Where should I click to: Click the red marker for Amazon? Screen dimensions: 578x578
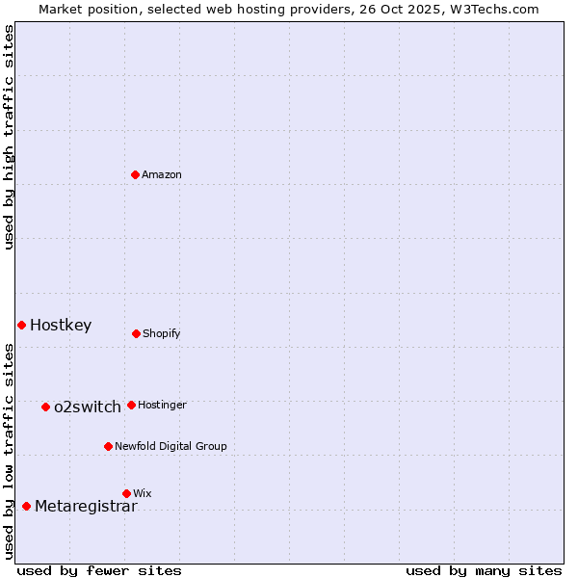tap(136, 174)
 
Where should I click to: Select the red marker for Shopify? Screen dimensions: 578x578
tap(136, 333)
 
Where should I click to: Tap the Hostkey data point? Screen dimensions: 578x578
tap(21, 325)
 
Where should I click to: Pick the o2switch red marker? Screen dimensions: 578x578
tap(45, 407)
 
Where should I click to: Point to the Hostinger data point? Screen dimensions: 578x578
tap(131, 405)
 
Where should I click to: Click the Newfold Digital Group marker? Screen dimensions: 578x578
tap(108, 446)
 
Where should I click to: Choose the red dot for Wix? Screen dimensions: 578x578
tap(126, 493)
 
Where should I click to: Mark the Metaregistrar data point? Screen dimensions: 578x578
tap(26, 506)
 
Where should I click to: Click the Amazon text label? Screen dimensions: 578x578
tap(162, 174)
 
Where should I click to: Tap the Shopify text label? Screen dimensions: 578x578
tap(162, 333)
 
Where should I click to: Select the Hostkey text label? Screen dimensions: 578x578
tap(61, 325)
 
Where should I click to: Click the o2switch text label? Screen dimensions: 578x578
tap(88, 407)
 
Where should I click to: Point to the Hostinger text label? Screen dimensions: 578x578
tap(162, 405)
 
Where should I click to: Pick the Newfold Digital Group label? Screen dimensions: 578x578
tap(171, 446)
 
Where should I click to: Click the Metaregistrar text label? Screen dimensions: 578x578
tap(86, 506)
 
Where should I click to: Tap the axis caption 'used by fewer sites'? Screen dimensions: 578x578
tap(99, 570)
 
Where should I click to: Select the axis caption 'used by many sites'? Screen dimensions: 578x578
tap(484, 570)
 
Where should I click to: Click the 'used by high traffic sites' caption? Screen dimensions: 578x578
tap(9, 137)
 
